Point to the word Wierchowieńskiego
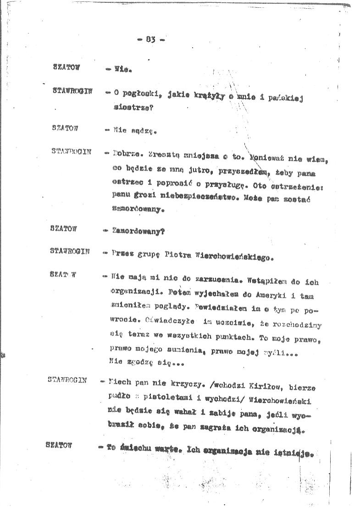pos(232,257)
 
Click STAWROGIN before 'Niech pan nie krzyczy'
pos(67,380)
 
